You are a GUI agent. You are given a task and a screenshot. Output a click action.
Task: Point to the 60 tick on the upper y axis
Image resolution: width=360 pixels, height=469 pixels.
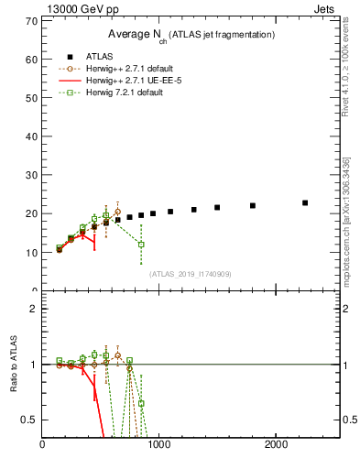coord(32,59)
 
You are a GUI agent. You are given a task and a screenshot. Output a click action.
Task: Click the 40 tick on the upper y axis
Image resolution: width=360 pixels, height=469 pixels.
coord(32,136)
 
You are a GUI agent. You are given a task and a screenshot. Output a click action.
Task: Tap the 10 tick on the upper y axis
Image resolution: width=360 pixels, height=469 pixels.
coord(32,252)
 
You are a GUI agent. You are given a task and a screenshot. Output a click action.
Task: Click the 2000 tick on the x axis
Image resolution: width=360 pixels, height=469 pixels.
coord(276,446)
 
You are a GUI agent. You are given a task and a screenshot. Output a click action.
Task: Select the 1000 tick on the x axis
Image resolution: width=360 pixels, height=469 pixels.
coord(159,446)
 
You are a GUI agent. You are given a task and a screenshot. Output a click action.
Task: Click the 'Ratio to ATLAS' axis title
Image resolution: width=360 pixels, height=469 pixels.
coord(14,365)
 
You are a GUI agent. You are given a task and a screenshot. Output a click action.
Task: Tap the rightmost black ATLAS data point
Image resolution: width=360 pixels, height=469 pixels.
coord(305,202)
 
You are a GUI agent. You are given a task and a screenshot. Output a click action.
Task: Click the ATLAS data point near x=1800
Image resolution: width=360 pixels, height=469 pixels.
coord(253,205)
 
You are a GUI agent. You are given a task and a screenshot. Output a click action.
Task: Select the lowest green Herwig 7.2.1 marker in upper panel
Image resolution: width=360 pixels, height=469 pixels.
coord(141,245)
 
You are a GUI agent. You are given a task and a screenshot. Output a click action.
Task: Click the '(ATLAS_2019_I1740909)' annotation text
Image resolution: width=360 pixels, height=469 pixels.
coord(191,273)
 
